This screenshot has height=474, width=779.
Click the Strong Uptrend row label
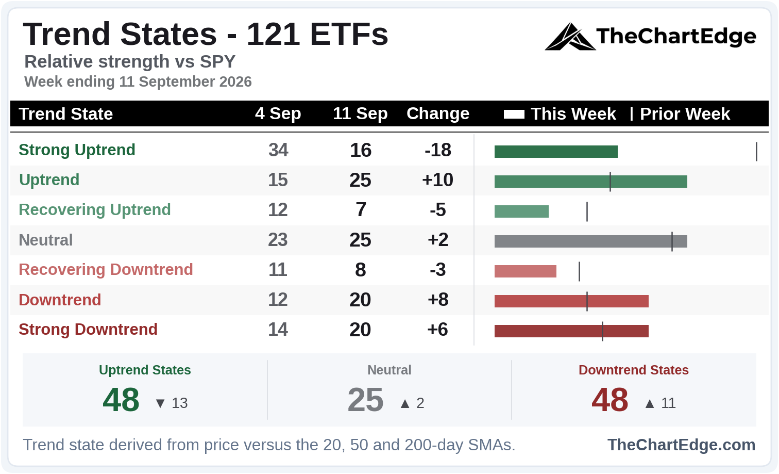point(77,150)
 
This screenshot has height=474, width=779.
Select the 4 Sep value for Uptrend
point(278,180)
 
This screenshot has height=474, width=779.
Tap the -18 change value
point(438,150)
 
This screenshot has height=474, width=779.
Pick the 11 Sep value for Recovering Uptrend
point(361,209)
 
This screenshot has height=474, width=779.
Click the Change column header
point(438,113)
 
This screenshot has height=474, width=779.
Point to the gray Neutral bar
point(591,241)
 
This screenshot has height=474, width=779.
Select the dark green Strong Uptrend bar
point(556,152)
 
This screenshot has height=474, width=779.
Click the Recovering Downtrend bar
point(526,271)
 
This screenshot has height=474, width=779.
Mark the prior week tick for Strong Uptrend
point(756,152)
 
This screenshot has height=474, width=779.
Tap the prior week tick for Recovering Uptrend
point(587,211)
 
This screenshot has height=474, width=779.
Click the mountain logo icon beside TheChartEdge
point(570,37)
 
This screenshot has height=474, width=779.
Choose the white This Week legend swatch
point(514,114)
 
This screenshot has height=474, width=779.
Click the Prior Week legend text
point(685,114)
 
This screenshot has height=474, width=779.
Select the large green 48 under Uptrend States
point(121,400)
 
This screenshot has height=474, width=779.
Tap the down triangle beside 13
point(160,403)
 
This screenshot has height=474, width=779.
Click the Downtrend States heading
point(634,370)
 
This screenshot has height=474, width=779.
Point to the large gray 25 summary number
point(365,400)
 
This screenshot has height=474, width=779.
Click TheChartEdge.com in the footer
point(681,445)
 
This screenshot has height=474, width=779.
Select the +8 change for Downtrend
point(438,300)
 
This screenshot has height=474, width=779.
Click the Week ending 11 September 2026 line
point(138,82)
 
